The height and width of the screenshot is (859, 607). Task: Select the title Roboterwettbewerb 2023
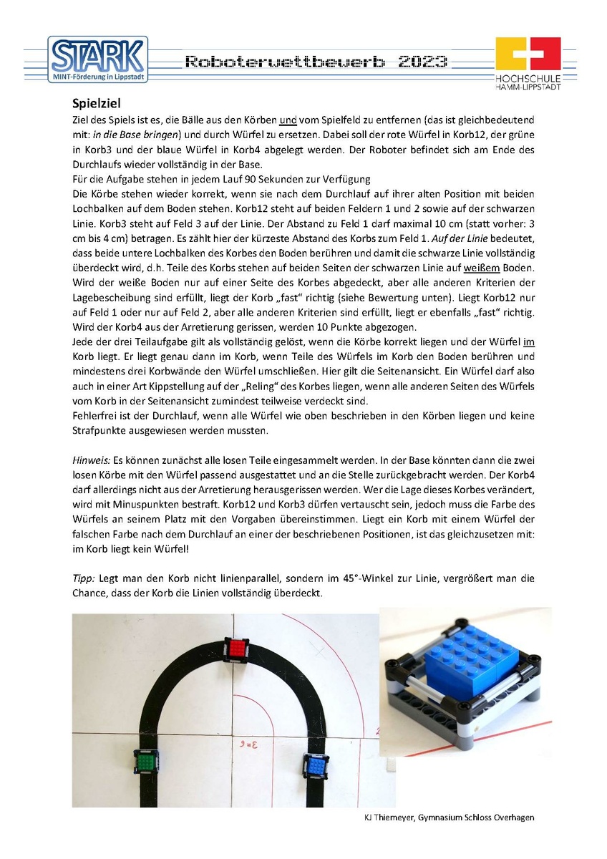(316, 61)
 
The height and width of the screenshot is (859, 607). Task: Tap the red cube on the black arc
(237, 650)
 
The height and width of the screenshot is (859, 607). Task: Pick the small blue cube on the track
(316, 765)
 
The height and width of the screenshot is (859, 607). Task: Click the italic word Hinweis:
(89, 457)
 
